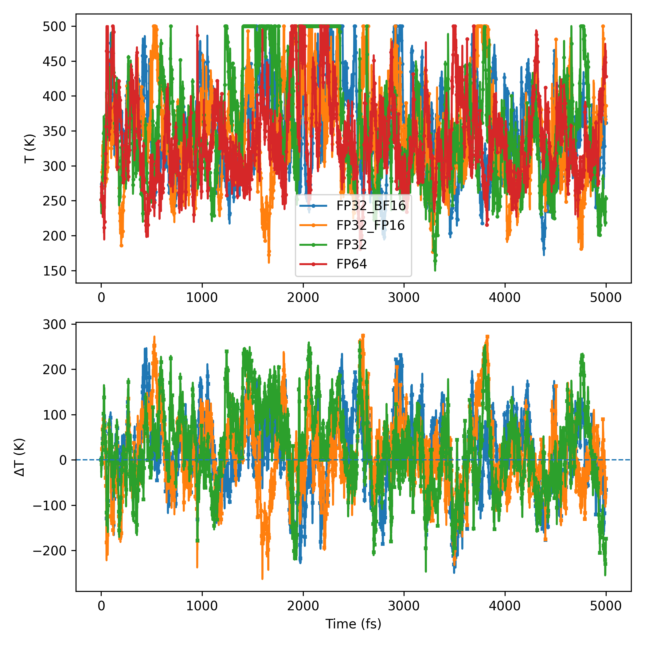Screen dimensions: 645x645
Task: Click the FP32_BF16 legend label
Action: (x=371, y=206)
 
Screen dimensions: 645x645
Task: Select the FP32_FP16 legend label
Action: (x=370, y=225)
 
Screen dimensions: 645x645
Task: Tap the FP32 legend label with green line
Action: (x=352, y=245)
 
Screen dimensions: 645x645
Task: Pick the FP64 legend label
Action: (x=352, y=264)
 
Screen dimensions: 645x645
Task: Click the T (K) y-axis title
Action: (x=30, y=149)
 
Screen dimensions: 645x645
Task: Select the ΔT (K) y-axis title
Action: (x=20, y=457)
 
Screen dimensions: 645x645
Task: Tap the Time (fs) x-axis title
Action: (x=353, y=623)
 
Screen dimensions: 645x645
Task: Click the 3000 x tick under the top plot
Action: (x=404, y=297)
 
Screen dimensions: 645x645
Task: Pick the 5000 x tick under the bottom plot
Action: (x=606, y=606)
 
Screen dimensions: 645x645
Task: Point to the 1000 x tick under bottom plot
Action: (x=202, y=606)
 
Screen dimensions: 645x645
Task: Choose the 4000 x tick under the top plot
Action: (x=505, y=297)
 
